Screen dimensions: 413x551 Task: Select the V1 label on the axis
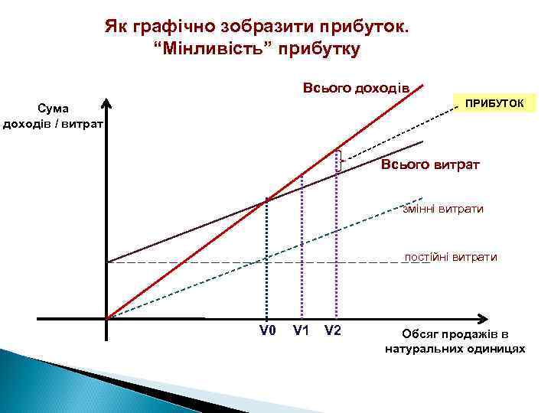click(x=301, y=331)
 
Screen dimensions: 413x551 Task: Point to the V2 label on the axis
click(x=333, y=331)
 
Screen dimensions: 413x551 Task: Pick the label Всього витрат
click(x=430, y=165)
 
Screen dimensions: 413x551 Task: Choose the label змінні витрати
click(x=443, y=208)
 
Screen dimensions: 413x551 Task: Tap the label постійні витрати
click(x=451, y=257)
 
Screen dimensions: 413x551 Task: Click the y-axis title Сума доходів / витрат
click(x=54, y=117)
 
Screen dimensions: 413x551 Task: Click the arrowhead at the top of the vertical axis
click(x=107, y=105)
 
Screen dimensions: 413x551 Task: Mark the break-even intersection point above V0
click(x=266, y=200)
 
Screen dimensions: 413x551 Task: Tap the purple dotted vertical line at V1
click(x=302, y=252)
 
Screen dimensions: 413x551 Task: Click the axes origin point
click(x=107, y=319)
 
